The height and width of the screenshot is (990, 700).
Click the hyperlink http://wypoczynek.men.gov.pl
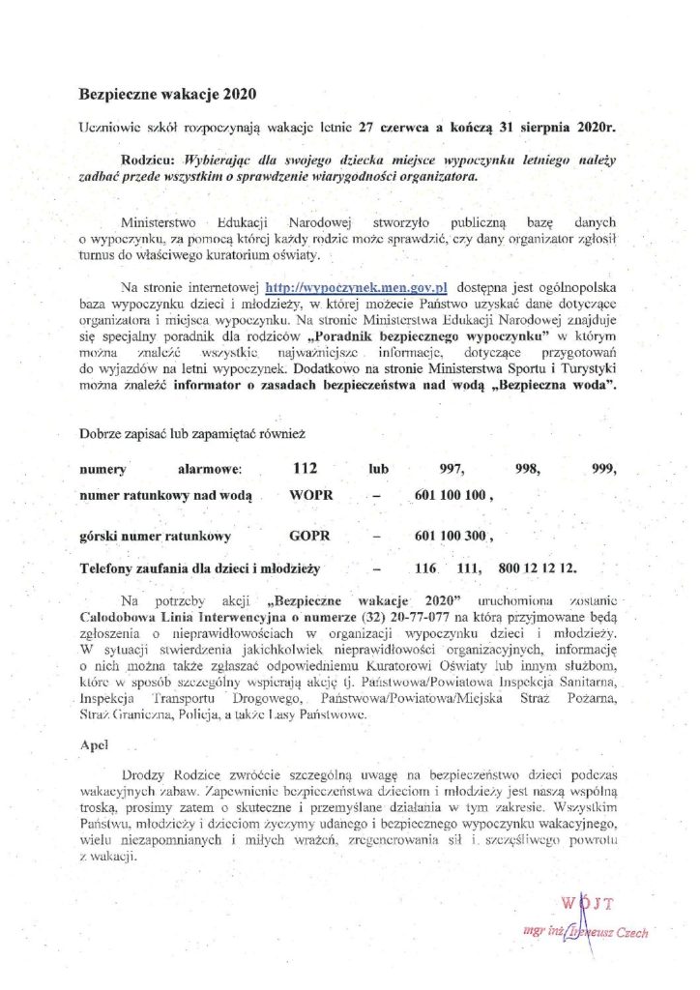(x=339, y=287)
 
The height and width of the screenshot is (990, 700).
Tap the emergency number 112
(x=305, y=469)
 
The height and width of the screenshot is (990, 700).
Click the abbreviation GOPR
(x=310, y=535)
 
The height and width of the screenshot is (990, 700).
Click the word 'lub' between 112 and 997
(x=377, y=470)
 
